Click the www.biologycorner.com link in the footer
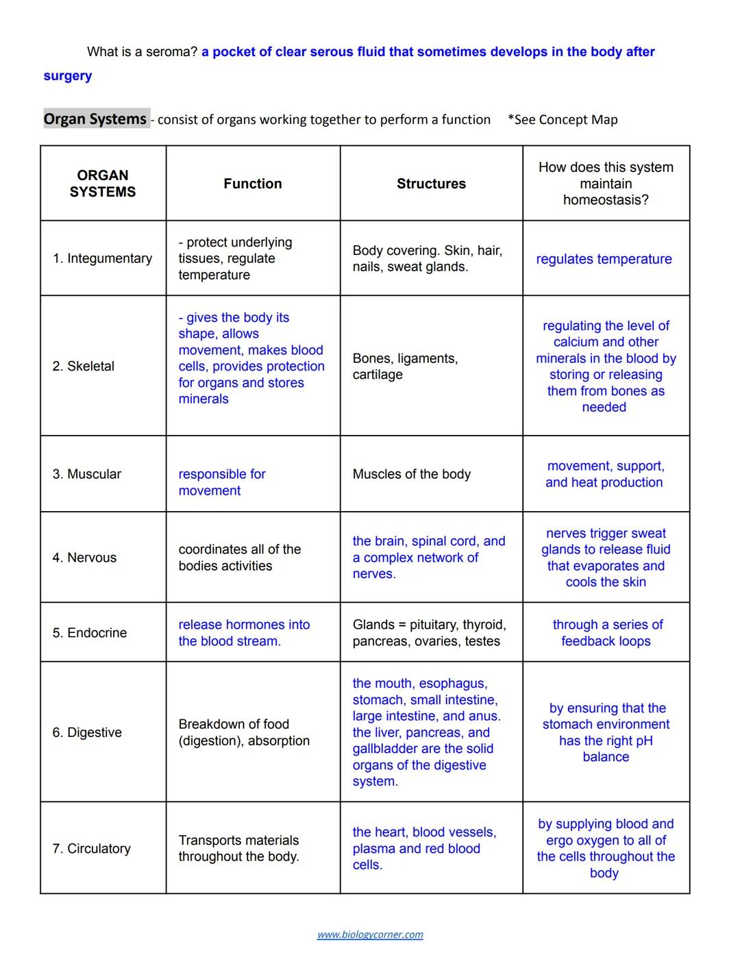point(370,934)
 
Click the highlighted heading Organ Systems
point(95,119)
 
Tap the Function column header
point(253,184)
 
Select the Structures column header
point(431,184)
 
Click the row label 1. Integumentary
point(102,258)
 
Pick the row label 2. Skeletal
point(84,366)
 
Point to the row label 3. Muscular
point(87,474)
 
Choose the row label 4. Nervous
point(84,558)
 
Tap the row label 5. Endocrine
point(90,632)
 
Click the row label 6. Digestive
point(87,732)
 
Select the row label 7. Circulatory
point(92,848)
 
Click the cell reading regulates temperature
point(604,259)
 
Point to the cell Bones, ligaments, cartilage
point(405,366)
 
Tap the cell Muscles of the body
point(411,474)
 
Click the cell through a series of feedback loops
point(607,632)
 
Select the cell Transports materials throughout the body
point(238,848)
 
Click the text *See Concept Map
point(563,120)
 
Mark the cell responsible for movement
point(222,482)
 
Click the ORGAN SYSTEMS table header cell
point(103,184)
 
